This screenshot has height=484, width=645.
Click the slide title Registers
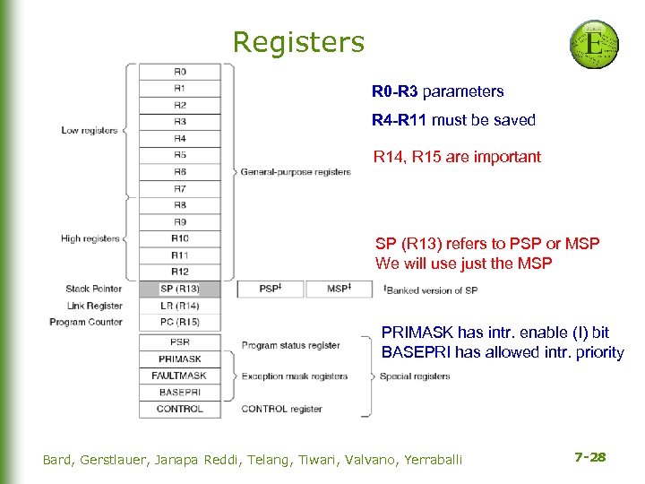tap(298, 42)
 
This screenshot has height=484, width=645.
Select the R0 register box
tap(179, 71)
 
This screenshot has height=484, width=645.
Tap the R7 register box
tap(179, 188)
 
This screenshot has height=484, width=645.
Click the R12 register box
tap(179, 272)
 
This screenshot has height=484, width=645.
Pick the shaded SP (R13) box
tap(179, 289)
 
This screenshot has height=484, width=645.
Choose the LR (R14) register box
tap(179, 306)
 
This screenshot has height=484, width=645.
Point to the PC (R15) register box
tap(179, 322)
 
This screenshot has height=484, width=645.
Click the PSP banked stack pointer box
tap(270, 289)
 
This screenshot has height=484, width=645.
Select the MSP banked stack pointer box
tap(339, 289)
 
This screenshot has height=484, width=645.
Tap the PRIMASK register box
tap(179, 359)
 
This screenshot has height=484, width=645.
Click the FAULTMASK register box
tap(179, 376)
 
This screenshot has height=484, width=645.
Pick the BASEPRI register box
tap(179, 393)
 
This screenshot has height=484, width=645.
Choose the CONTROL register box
tap(179, 409)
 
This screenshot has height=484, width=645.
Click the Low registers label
tap(89, 131)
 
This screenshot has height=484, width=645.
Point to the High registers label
tap(90, 238)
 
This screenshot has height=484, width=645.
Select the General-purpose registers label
tap(296, 172)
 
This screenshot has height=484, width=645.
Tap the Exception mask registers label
tap(294, 376)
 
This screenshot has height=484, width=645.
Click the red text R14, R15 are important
tap(457, 157)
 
